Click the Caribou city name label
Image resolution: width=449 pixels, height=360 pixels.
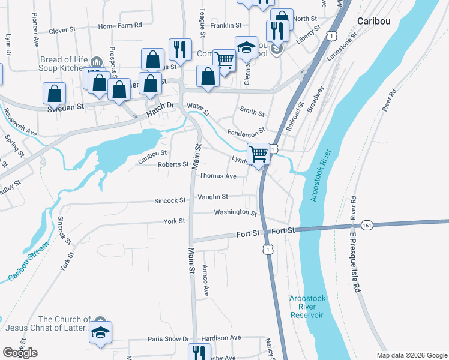tap(374, 20)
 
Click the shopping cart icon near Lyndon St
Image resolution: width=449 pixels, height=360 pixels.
tap(258, 154)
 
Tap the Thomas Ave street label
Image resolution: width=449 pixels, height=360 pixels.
tap(218, 176)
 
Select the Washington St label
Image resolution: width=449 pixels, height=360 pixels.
tap(235, 212)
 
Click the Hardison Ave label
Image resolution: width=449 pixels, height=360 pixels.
tap(221, 338)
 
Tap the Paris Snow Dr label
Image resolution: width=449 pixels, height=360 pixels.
tap(169, 339)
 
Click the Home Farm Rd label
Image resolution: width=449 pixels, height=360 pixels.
tap(120, 26)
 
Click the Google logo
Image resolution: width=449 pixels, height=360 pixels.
tap(20, 353)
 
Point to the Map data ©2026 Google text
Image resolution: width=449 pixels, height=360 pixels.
tap(411, 355)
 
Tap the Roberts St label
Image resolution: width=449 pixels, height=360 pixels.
tap(173, 164)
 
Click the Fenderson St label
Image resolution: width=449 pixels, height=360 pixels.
tap(246, 131)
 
